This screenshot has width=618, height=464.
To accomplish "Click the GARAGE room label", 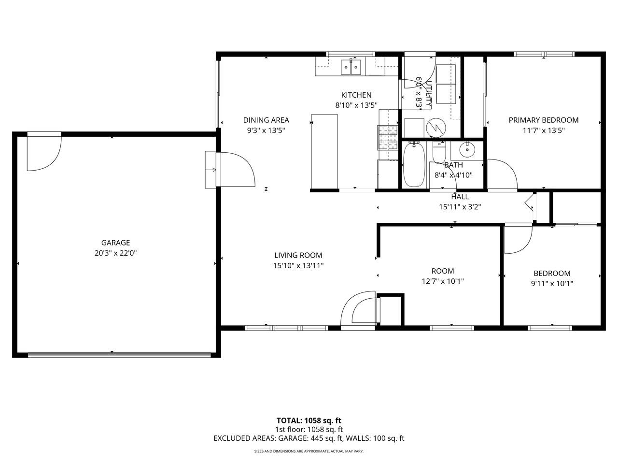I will [115, 243].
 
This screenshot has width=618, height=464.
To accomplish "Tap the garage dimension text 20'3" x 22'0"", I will [115, 252].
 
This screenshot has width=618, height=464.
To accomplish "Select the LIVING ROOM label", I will [298, 255].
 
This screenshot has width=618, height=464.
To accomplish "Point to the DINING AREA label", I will [266, 120].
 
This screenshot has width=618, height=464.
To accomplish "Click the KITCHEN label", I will [356, 95].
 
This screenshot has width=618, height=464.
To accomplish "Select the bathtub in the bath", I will [413, 164].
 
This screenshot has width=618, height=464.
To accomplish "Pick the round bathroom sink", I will [467, 150].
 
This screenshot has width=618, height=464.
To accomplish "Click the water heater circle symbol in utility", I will [435, 128].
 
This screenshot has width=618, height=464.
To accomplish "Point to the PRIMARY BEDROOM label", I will [543, 120].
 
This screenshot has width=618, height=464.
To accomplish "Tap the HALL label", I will [460, 197].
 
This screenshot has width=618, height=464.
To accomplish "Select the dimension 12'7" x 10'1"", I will [443, 281].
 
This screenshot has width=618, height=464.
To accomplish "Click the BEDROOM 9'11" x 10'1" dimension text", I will [552, 284].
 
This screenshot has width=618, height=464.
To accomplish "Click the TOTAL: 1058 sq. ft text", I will [309, 420].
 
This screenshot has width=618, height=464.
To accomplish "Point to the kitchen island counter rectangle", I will [324, 151].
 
